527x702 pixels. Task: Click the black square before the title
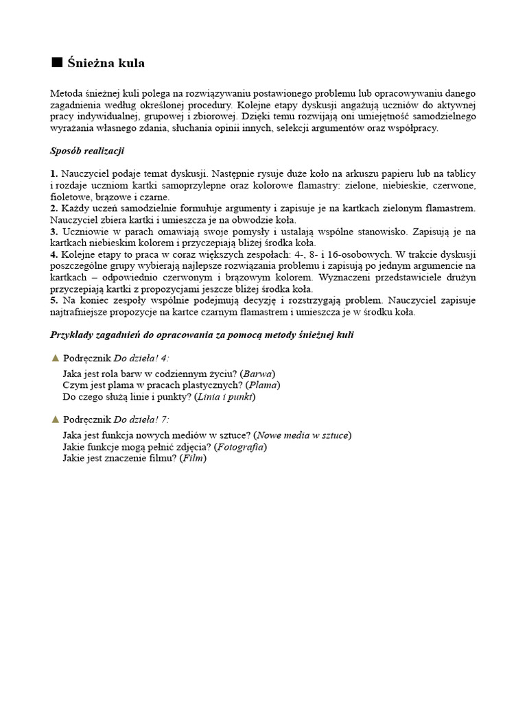point(57,63)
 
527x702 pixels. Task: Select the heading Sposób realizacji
point(87,151)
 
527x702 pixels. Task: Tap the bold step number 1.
point(54,174)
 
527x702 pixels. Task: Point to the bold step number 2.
point(54,208)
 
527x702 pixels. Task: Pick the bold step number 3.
point(54,232)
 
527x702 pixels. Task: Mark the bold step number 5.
point(54,301)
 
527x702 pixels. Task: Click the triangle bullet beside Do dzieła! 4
point(55,358)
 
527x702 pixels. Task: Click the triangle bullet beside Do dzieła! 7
point(55,419)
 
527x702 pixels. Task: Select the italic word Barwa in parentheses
point(257,374)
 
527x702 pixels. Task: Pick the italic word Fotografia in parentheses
point(240,447)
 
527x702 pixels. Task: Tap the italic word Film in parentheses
point(193,459)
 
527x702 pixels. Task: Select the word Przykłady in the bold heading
point(74,335)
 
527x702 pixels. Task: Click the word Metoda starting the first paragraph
point(67,93)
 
